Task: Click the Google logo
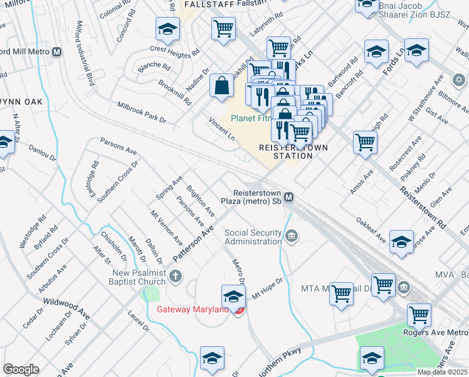(x=21, y=369)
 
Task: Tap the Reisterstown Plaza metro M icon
(x=289, y=197)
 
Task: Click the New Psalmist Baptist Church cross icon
(x=176, y=275)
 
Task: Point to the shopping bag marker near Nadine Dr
(x=222, y=86)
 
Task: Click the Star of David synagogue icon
(x=459, y=80)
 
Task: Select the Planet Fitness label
(x=253, y=117)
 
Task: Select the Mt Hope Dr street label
(x=268, y=288)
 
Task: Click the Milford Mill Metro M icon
(x=57, y=52)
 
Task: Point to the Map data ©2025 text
(x=443, y=371)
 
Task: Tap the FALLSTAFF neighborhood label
(x=201, y=4)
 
